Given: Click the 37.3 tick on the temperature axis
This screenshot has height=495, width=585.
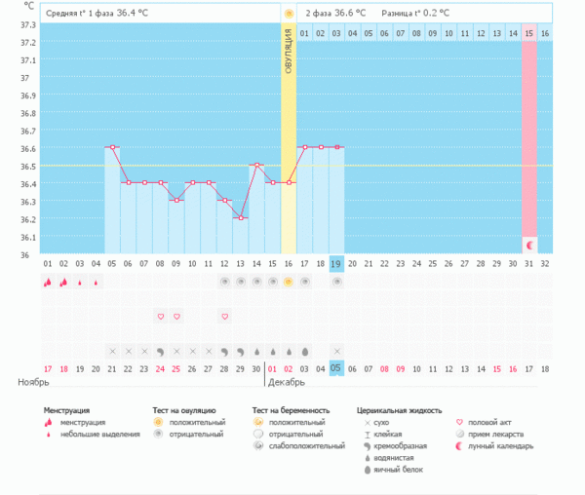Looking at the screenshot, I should click(x=27, y=24).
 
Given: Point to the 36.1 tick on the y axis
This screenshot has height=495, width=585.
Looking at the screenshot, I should click(x=27, y=237).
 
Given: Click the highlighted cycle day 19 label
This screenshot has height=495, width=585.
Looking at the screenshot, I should click(x=336, y=263).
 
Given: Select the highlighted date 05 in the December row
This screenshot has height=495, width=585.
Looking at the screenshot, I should click(x=336, y=368).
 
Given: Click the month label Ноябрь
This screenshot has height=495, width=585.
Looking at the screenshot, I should click(x=32, y=383).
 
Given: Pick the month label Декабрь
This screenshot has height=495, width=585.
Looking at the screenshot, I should click(x=287, y=383).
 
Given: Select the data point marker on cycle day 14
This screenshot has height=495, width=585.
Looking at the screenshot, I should click(x=256, y=165).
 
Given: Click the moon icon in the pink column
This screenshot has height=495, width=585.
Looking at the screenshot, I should click(x=529, y=243).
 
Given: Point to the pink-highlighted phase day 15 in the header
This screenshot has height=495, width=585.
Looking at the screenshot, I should click(x=529, y=33).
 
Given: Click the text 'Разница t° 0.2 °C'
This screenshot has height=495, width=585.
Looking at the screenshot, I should click(x=412, y=13).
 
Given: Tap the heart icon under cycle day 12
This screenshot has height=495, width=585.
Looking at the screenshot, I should click(x=224, y=317).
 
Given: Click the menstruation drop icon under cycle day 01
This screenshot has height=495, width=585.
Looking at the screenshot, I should click(x=48, y=282).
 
